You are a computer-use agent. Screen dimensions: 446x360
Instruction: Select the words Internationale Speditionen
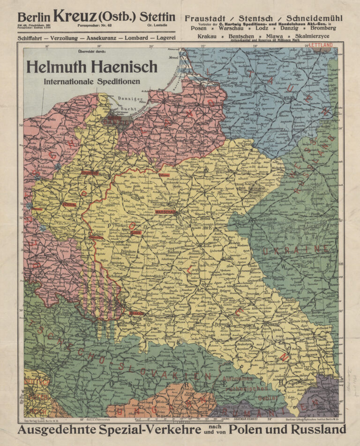tap(92, 81)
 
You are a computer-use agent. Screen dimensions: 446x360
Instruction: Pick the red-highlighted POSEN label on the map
tap(69, 205)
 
